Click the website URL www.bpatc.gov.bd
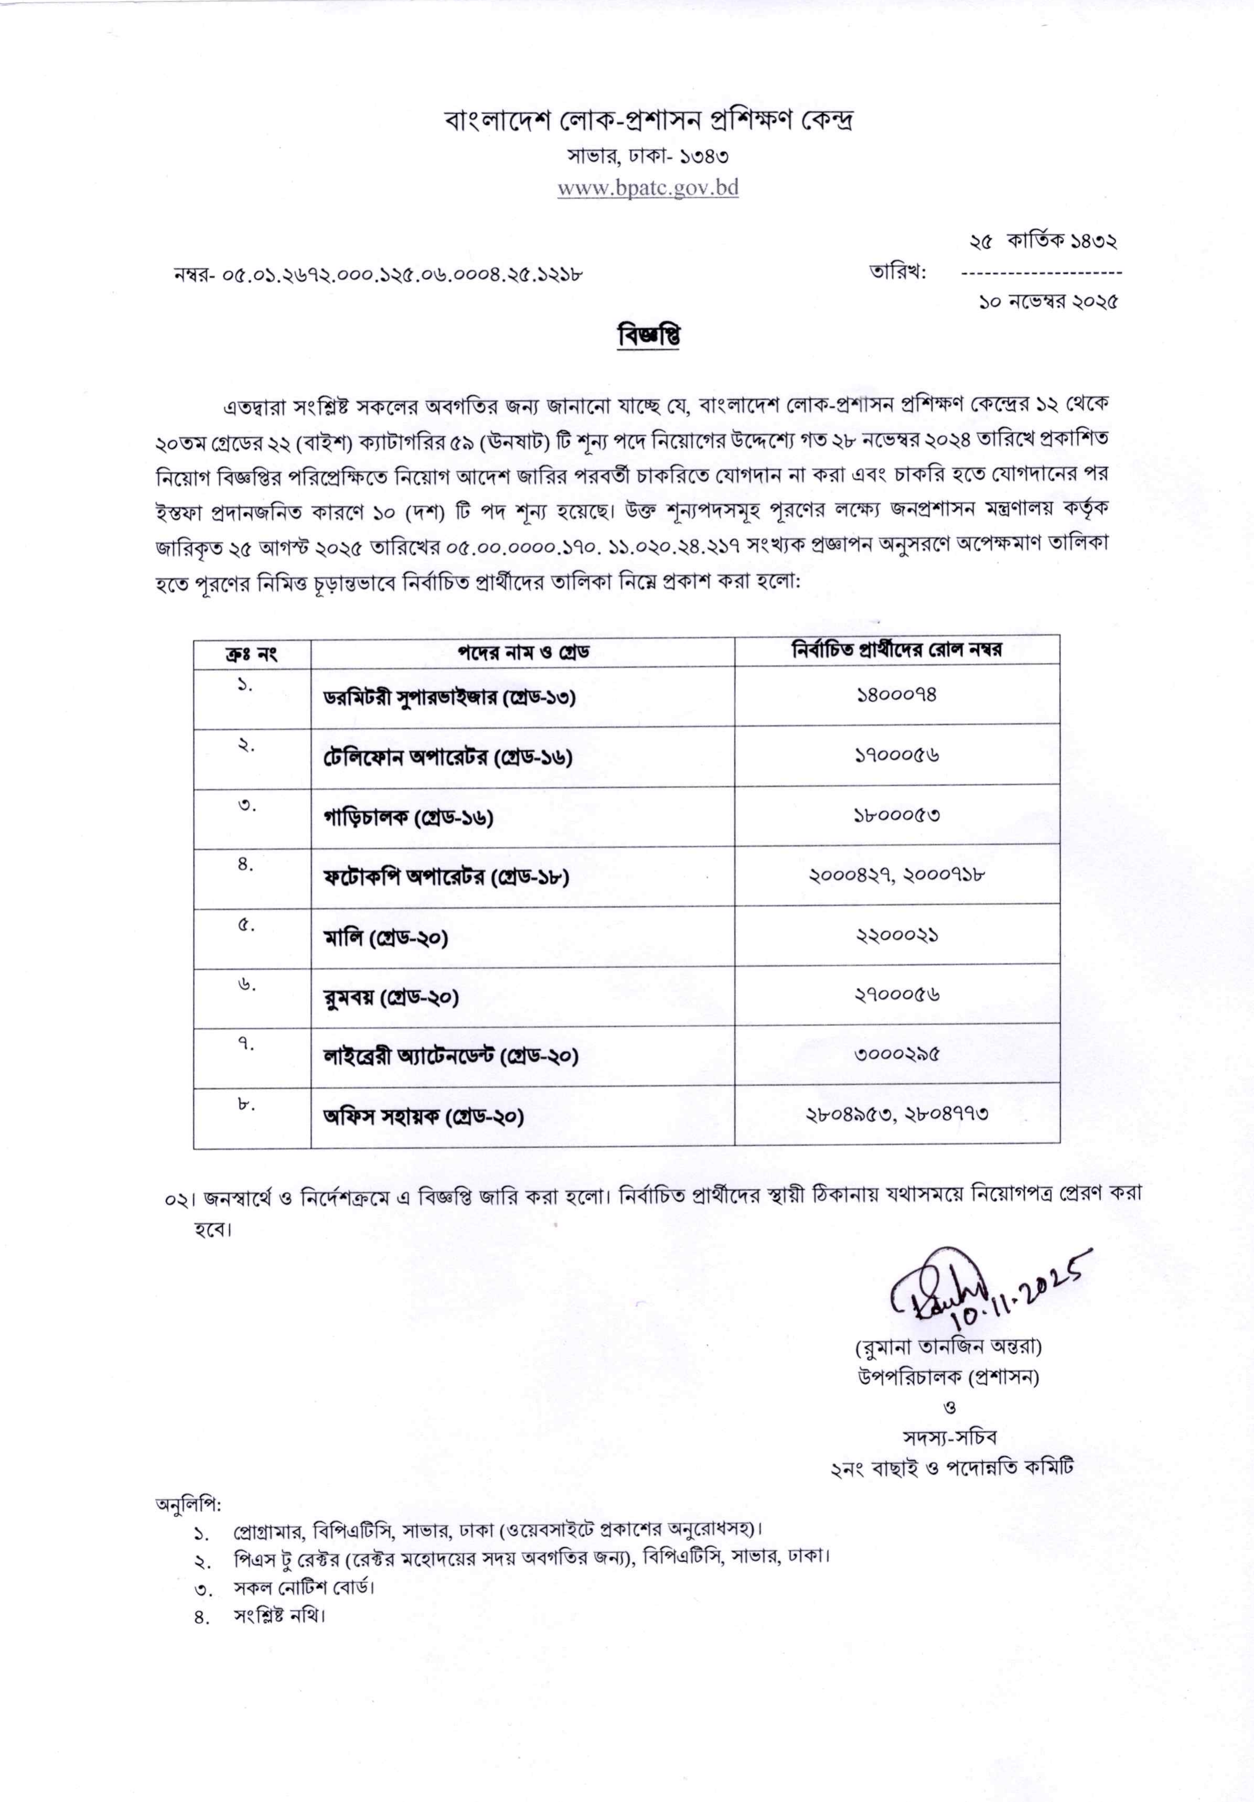click(648, 188)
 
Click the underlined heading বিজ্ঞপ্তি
click(648, 336)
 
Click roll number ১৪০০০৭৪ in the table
click(896, 694)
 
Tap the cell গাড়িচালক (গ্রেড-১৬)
click(408, 818)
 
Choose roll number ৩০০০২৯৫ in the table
click(896, 1055)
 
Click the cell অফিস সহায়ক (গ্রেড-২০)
click(423, 1116)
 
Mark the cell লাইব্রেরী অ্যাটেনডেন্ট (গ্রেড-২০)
click(451, 1056)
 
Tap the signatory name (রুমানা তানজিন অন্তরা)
click(948, 1347)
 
